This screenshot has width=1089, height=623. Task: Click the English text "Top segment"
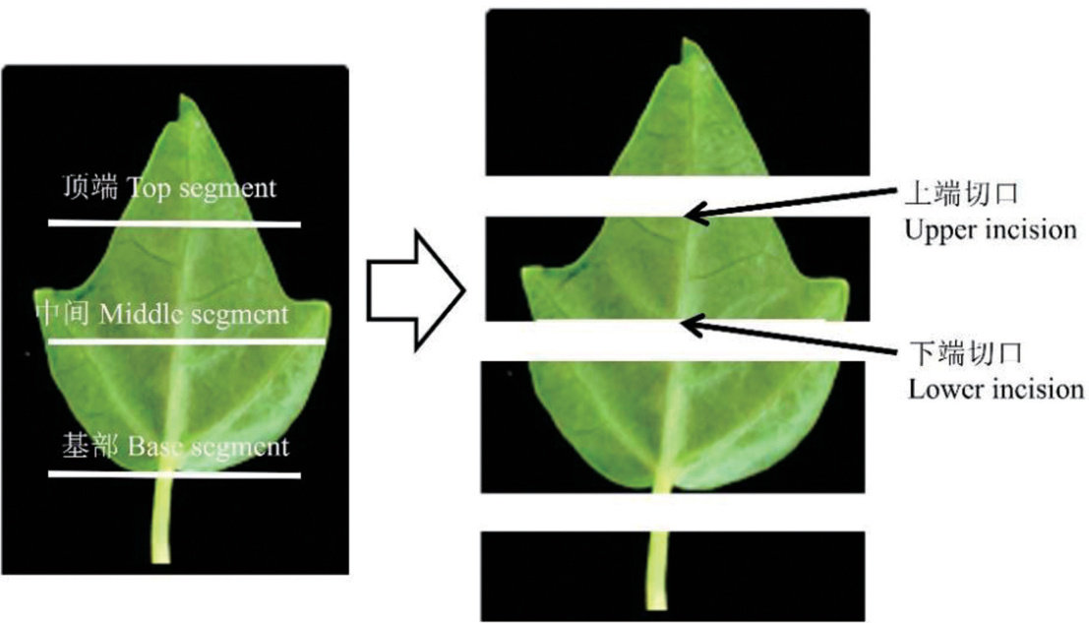click(204, 188)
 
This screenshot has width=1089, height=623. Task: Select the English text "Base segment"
click(209, 447)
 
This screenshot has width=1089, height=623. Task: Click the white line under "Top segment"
click(174, 224)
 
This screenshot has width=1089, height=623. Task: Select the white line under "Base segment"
click(174, 475)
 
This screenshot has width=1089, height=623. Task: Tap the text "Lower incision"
click(996, 389)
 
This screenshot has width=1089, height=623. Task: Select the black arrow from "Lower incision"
click(797, 337)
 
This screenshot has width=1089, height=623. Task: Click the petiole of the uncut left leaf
click(162, 522)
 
